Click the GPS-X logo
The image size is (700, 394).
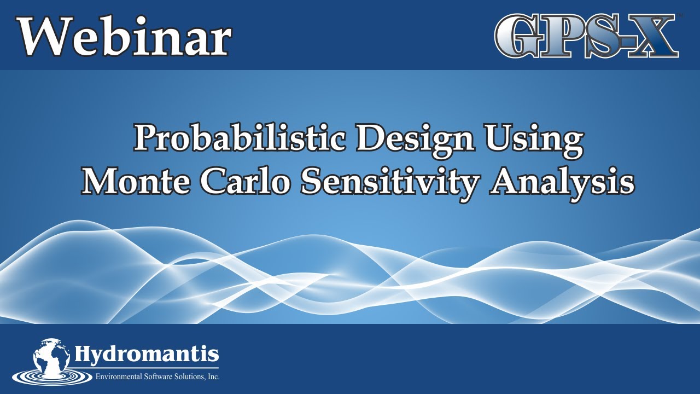point(586,36)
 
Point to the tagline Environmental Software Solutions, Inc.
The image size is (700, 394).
point(157,377)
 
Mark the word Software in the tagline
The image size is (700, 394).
point(150,377)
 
